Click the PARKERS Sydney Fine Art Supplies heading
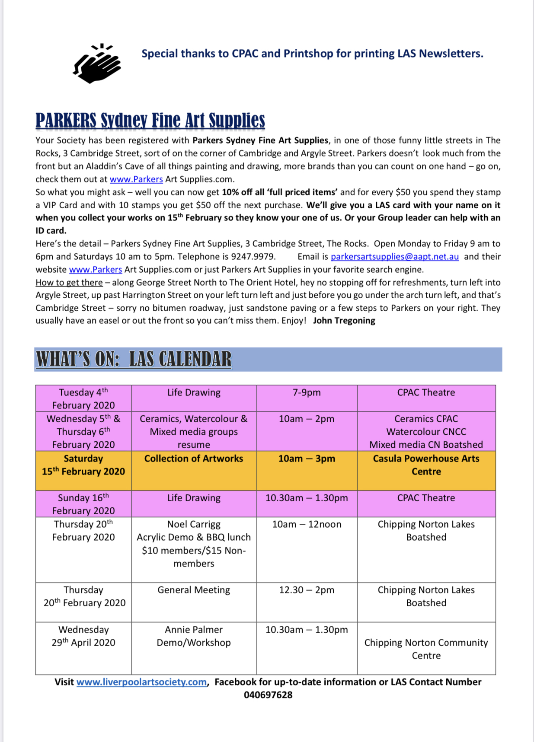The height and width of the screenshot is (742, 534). (x=150, y=121)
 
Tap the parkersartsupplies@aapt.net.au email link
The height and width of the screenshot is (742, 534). (x=394, y=257)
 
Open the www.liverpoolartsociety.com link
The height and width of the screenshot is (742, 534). (x=141, y=682)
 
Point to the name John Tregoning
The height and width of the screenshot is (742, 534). (x=344, y=321)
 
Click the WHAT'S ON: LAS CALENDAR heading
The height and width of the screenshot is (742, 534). (x=134, y=359)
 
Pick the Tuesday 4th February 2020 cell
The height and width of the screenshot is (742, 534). (x=83, y=398)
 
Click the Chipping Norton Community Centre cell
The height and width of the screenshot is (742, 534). (x=426, y=649)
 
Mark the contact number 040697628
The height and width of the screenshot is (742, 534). (x=268, y=695)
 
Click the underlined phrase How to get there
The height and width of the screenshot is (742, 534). (x=69, y=283)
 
